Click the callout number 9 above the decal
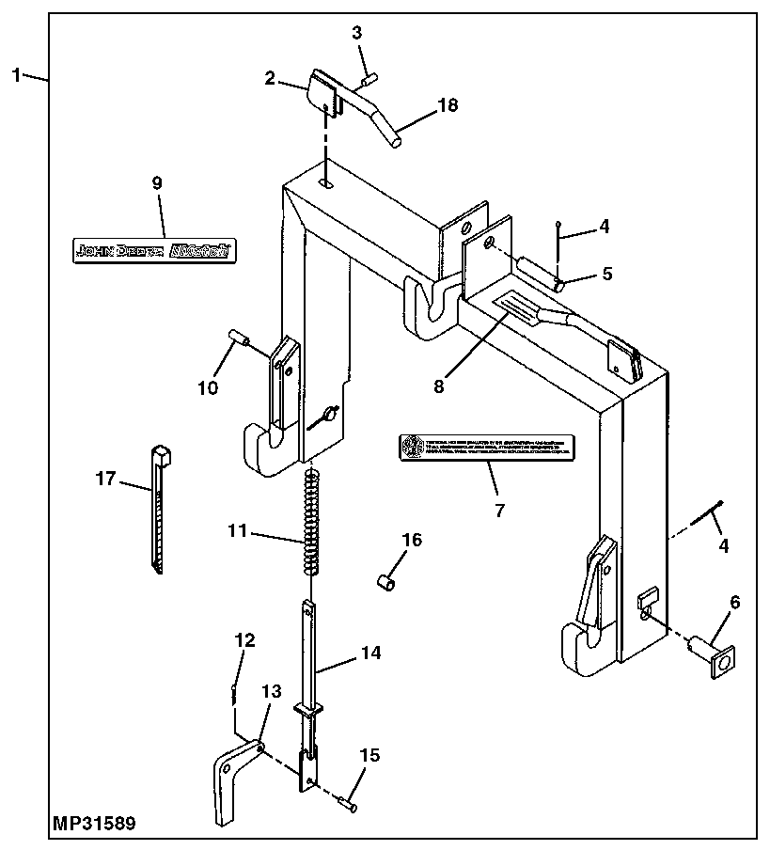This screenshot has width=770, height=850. coord(156,183)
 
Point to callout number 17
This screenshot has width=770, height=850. coord(104,479)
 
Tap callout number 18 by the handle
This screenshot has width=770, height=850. coord(448,105)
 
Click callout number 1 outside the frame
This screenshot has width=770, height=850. coord(16,74)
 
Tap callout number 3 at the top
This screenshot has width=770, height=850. coord(356,34)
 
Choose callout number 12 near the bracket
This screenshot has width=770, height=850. coord(244,640)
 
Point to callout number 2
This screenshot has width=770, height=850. coord(271,78)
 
